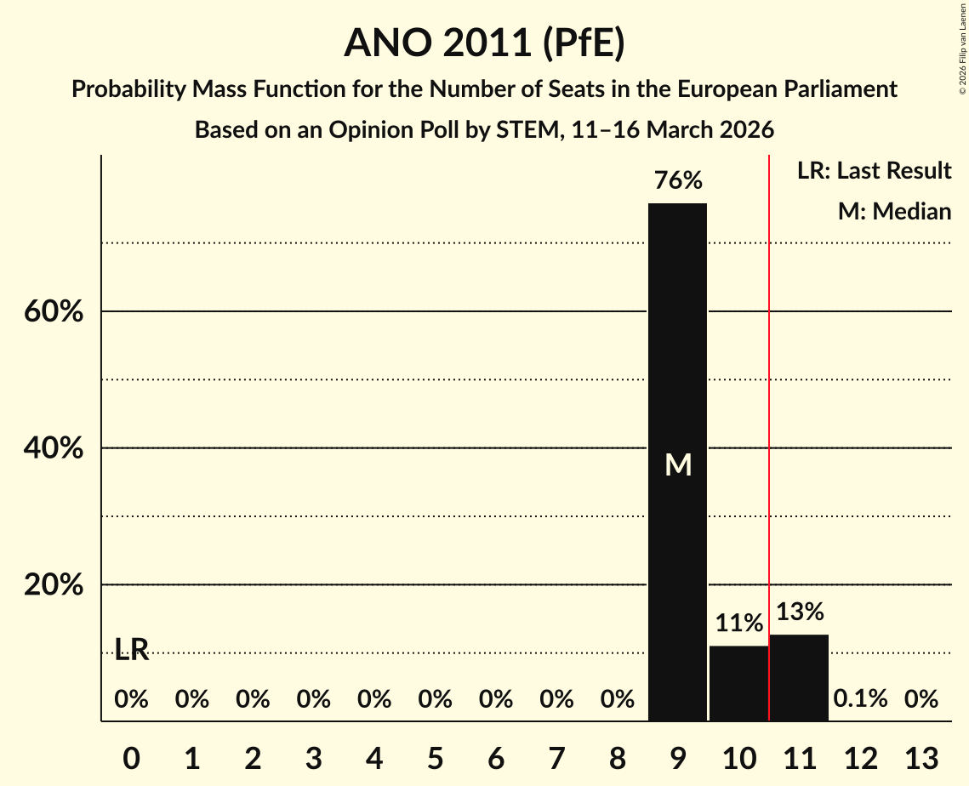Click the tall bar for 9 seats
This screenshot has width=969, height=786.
pos(677,462)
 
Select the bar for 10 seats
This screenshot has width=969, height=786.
pos(738,683)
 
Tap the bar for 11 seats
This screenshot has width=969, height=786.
pos(799,677)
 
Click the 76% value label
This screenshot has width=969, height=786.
pos(678,180)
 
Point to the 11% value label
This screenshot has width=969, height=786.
pos(739,623)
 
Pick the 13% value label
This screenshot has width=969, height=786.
pos(800,612)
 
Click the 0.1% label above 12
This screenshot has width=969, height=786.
pos(860,699)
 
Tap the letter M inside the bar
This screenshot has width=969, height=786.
pos(678,464)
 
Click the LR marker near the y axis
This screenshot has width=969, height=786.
pos(132,649)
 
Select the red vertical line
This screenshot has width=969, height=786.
pos(769,437)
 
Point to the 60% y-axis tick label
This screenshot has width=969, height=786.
pos(54,311)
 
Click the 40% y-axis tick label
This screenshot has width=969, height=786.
pos(54,448)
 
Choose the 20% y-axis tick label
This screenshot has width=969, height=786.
pos(54,584)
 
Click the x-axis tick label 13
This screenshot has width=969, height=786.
pos(921,758)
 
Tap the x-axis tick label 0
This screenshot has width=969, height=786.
pos(131,758)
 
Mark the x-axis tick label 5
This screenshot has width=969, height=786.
pos(435,758)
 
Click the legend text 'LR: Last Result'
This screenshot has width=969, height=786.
pos(874,170)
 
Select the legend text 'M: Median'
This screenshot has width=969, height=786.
pos(894,211)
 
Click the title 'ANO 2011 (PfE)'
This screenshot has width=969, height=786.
pos(485,43)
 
